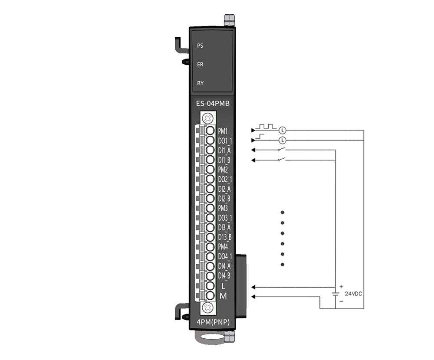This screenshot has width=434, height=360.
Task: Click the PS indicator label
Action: pos(200,46)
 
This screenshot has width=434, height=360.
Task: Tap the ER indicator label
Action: pos(200,65)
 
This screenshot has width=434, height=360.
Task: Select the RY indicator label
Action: pos(200,83)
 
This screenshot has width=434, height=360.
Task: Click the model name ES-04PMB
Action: pos(213,104)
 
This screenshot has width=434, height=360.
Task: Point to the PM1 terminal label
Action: pos(223,131)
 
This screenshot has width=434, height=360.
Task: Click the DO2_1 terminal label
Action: pos(225,180)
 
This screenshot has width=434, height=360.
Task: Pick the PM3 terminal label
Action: pos(223,208)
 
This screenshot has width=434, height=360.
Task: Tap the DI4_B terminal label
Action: pos(224,275)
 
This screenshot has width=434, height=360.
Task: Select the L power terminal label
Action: pos(223,286)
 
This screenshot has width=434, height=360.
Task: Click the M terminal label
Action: pos(223,296)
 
